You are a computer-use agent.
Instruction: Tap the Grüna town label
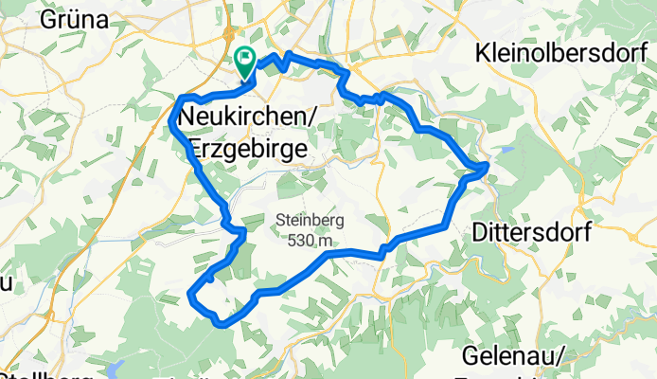pos(77,20)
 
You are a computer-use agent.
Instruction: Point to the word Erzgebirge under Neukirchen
pos(248,147)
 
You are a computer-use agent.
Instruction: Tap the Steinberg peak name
pos(310,222)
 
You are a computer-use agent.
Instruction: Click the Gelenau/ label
pos(515,356)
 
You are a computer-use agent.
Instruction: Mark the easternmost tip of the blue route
pos(488,166)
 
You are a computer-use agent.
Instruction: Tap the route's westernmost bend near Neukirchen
pos(170,122)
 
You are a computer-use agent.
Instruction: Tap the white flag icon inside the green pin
pos(245,59)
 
